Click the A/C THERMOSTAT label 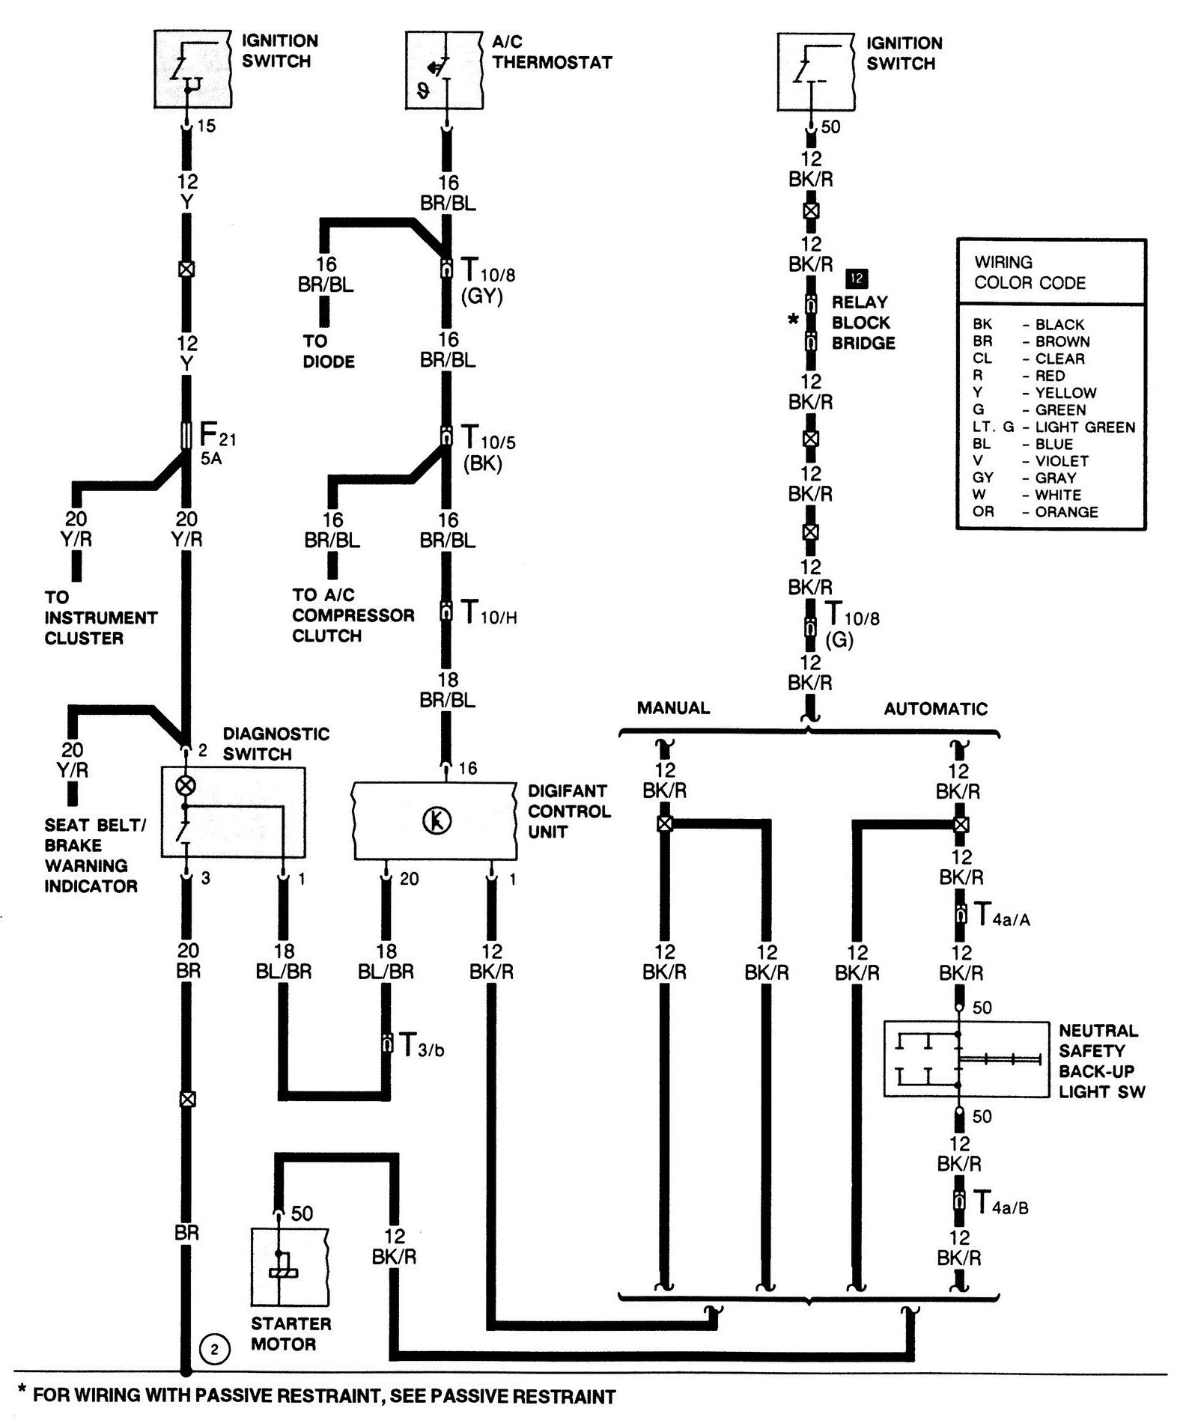point(552,52)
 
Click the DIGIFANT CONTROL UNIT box point(434,821)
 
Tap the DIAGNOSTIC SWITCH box point(234,811)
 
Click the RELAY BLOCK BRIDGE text point(863,323)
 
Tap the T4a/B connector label point(1000,1203)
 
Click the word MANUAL point(673,707)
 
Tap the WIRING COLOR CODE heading point(1030,272)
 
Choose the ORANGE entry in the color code point(1065,512)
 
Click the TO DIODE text point(329,351)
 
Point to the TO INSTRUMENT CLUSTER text point(100,618)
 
